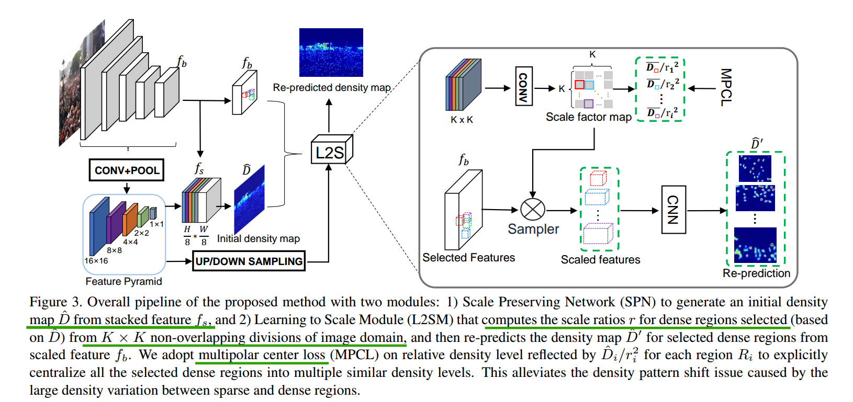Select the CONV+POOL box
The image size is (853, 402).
(x=127, y=170)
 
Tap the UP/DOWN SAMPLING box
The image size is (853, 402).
(x=249, y=261)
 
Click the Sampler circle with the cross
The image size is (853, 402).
(x=533, y=210)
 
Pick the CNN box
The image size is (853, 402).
(x=674, y=210)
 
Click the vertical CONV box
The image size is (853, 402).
(x=523, y=86)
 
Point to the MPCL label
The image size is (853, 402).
(x=726, y=87)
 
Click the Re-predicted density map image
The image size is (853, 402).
(x=331, y=52)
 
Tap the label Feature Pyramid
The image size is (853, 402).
(x=124, y=281)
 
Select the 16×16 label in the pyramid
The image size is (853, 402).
(x=96, y=261)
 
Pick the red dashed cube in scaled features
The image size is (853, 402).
(x=598, y=179)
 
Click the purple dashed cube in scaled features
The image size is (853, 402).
(x=598, y=234)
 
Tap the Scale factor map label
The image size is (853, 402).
(x=588, y=117)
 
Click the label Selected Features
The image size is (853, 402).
(x=468, y=257)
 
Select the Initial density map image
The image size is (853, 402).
(x=249, y=199)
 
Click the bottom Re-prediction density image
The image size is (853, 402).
(x=755, y=245)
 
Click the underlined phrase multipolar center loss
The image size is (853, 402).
(x=262, y=355)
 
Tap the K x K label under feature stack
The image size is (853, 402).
(x=462, y=120)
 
